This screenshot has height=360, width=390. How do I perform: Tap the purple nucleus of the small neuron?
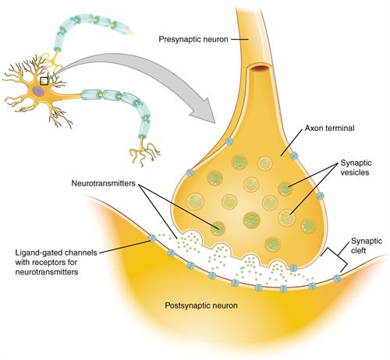point(37,90)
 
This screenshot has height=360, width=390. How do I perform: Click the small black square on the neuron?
point(44,79)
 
